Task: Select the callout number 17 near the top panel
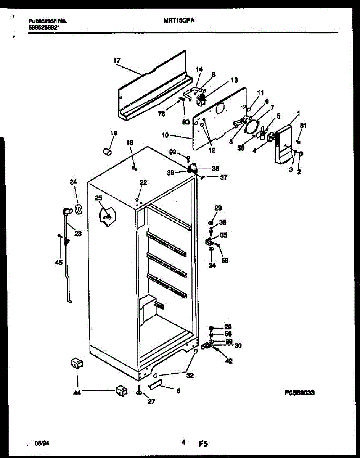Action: pos(117,60)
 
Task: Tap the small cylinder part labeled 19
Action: pos(107,152)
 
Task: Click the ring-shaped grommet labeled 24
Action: pos(79,209)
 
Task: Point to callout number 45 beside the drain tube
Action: pos(59,262)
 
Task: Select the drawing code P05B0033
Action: pos(299,393)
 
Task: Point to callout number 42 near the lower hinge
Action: pos(228,361)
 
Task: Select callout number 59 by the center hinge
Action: pos(225,261)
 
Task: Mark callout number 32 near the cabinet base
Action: pos(190,376)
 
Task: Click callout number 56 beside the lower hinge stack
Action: pos(228,334)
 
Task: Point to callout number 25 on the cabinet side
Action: pos(99,198)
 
